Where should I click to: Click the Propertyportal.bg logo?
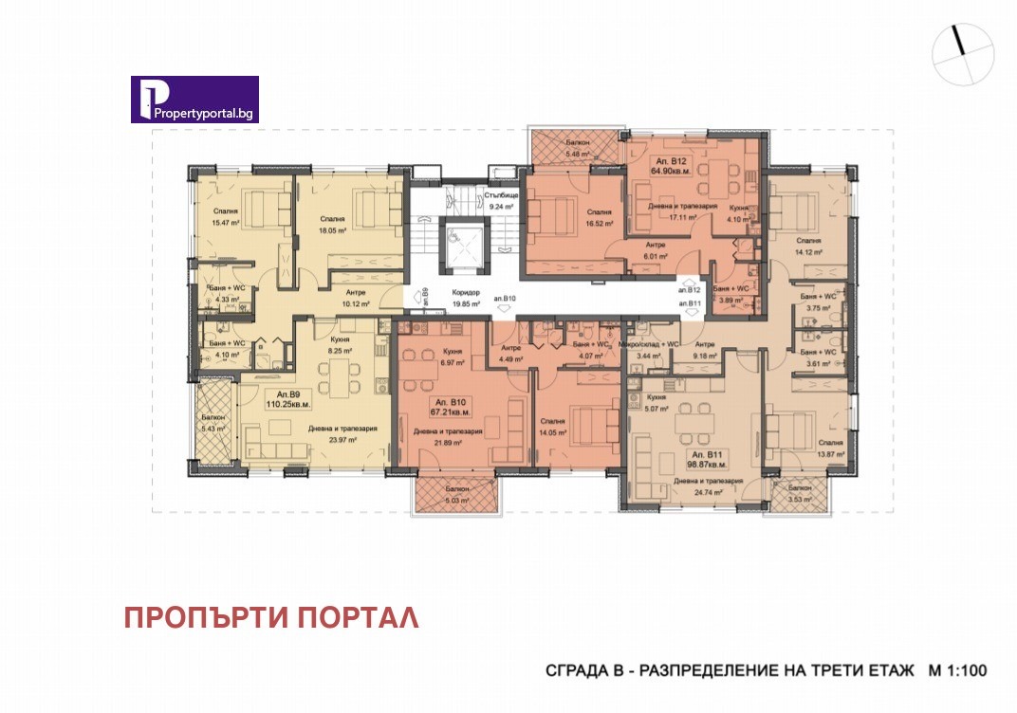194,100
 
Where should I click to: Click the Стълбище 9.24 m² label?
499,200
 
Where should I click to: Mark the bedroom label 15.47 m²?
225,218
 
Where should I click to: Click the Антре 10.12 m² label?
356,299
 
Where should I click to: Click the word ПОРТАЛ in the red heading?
358,617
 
